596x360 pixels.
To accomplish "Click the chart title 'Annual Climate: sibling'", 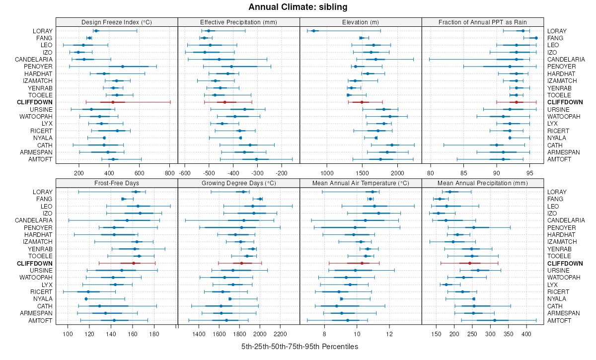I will (298, 7).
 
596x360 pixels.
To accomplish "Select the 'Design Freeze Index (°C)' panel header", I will (117, 22).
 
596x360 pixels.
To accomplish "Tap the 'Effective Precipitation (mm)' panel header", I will (238, 22).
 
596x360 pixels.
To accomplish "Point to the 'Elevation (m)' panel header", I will (361, 22).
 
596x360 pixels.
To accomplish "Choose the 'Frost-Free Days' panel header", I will (117, 183).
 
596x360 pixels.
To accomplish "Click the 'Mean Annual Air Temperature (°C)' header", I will (361, 183).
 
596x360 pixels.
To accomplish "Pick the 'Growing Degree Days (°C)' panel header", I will (238, 183).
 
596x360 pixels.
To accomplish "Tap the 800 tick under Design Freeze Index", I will (169, 173).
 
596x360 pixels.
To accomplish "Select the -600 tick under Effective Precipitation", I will (185, 173).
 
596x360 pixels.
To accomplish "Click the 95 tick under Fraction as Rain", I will (529, 173).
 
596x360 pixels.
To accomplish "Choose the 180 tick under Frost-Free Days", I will (154, 334).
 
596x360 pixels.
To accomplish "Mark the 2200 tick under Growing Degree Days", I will (281, 334).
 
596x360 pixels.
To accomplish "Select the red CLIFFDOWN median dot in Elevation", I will (362, 102).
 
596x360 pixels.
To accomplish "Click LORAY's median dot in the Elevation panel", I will (314, 31).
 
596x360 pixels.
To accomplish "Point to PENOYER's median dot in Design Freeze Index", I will (123, 67).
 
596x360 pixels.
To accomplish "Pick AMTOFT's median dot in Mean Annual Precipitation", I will (494, 320).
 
